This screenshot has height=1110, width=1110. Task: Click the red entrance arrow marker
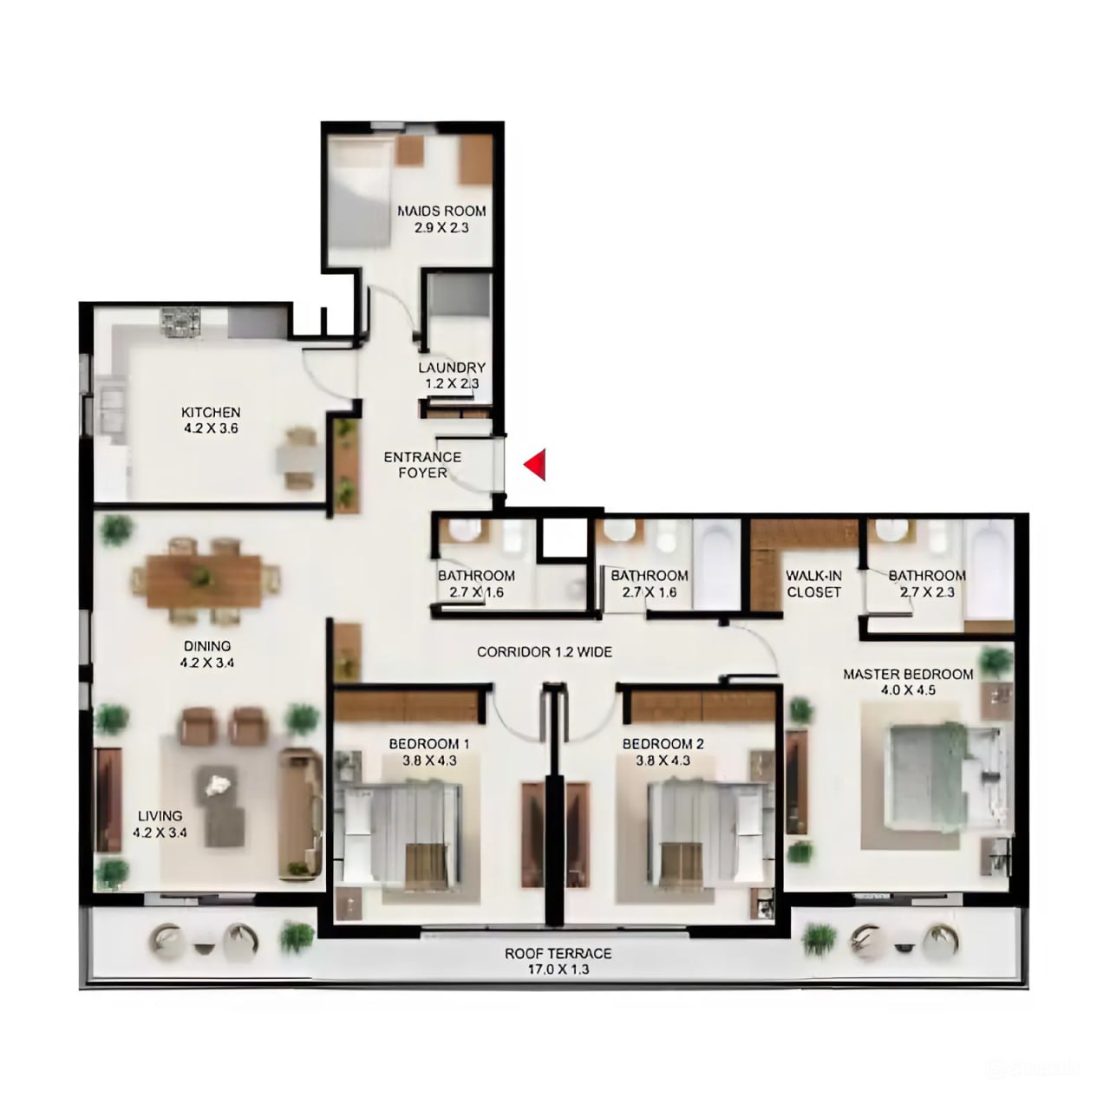pyautogui.click(x=535, y=465)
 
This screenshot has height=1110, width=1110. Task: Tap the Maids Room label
pyautogui.click(x=441, y=219)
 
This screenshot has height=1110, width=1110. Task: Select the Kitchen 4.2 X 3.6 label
pyautogui.click(x=211, y=420)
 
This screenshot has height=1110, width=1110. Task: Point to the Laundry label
pyautogui.click(x=451, y=375)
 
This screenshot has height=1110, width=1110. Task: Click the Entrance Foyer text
pyautogui.click(x=422, y=465)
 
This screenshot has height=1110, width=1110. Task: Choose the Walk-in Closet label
pyautogui.click(x=813, y=584)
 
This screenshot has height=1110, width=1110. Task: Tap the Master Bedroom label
pyautogui.click(x=908, y=682)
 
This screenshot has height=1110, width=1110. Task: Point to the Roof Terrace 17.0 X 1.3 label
pyautogui.click(x=558, y=961)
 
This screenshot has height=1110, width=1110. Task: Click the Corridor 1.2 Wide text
pyautogui.click(x=545, y=651)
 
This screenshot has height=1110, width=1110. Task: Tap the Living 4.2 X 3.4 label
pyautogui.click(x=160, y=824)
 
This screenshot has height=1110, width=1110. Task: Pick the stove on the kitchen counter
pyautogui.click(x=180, y=323)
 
